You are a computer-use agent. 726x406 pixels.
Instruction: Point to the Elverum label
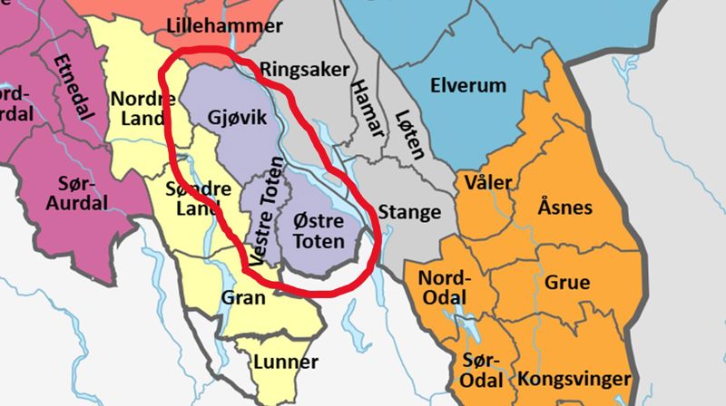click(469, 86)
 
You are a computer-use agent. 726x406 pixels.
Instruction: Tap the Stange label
click(409, 213)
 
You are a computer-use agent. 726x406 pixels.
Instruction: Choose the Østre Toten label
click(320, 232)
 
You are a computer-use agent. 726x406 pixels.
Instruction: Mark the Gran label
click(244, 297)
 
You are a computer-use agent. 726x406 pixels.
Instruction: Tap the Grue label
click(567, 282)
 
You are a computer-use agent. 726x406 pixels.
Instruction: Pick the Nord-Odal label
click(445, 286)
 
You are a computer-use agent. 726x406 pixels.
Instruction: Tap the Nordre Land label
click(137, 108)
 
